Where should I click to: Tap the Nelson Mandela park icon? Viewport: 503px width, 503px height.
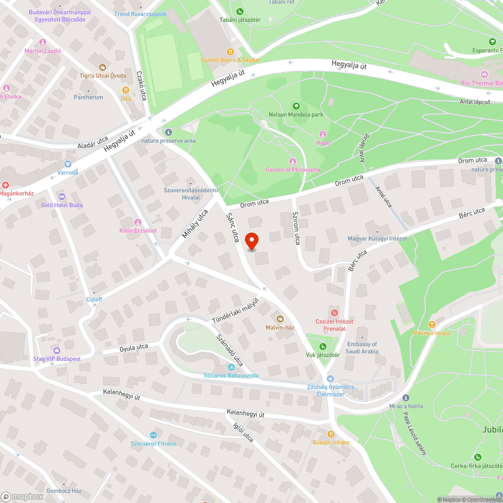tap(296, 106)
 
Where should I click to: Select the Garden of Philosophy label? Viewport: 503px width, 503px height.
tap(293, 170)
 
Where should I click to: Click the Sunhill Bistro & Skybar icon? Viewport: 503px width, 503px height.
tap(230, 51)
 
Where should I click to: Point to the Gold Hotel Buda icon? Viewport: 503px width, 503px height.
tap(62, 196)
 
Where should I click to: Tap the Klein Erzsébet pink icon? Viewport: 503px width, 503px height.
tap(137, 222)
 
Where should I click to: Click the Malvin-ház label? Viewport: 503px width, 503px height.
tap(280, 327)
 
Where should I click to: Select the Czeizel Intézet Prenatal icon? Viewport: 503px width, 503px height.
tap(334, 313)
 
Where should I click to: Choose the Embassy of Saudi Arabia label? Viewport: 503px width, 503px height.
tap(362, 348)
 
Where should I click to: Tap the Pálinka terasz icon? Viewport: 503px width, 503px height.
tap(432, 324)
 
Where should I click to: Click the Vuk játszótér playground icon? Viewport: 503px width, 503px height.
tap(323, 346)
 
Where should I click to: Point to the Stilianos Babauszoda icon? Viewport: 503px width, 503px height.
tap(231, 367)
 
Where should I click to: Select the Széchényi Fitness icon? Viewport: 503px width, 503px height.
tap(153, 435)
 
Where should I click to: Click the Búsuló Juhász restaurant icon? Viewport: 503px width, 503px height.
tap(331, 434)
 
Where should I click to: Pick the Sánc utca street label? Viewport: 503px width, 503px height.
tap(232, 227)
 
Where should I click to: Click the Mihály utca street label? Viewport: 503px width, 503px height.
tap(195, 224)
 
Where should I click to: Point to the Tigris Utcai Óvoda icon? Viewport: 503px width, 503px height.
tap(103, 67)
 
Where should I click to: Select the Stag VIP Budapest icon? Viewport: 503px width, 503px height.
tap(57, 350)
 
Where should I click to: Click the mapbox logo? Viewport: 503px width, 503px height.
tap(22, 496)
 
